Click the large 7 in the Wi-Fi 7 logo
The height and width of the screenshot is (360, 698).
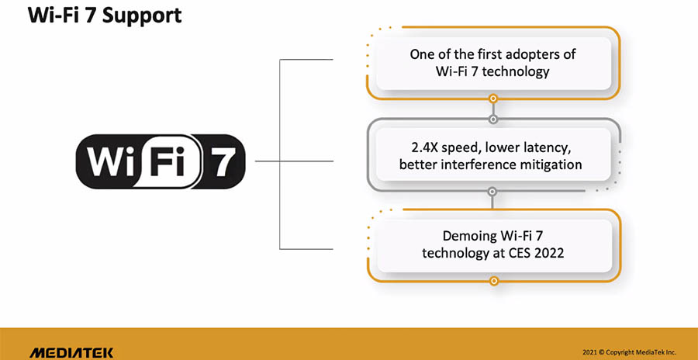click(x=220, y=161)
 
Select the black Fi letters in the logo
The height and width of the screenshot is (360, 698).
click(x=167, y=161)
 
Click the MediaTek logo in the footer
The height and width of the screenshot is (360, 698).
click(x=71, y=353)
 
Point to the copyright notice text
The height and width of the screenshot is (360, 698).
click(x=629, y=351)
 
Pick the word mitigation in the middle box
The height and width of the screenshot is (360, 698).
click(x=552, y=164)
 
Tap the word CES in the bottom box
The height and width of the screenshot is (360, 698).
click(x=518, y=253)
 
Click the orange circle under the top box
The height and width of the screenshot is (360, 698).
click(x=492, y=98)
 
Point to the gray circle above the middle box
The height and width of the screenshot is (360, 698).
click(x=492, y=119)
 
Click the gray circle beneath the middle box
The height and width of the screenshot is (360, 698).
click(x=492, y=192)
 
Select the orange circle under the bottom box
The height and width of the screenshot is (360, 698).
click(x=493, y=281)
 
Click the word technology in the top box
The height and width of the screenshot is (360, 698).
click(x=516, y=72)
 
